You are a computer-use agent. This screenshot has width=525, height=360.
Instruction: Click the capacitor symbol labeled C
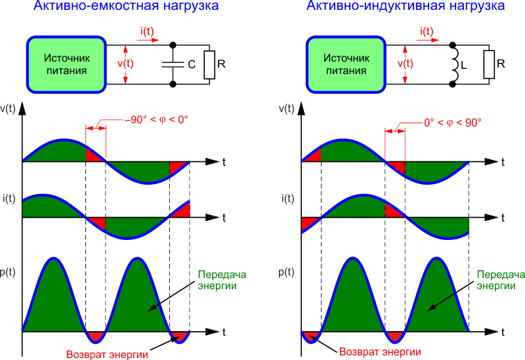173,64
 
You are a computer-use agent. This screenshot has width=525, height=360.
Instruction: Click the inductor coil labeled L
455,64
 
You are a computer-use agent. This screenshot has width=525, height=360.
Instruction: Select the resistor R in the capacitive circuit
209,65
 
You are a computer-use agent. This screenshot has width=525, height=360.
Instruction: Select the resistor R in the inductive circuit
489,64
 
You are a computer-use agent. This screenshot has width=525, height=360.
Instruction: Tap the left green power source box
67,64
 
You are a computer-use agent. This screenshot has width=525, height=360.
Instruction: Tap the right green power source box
346,64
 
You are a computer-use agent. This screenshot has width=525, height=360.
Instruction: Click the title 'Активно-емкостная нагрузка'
126,6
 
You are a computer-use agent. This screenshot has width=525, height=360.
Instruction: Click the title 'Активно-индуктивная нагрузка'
406,6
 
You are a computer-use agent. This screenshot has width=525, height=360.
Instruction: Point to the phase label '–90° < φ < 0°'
156,120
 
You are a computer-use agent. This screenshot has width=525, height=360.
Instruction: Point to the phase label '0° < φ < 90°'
453,123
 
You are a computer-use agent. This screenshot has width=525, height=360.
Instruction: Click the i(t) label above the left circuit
147,31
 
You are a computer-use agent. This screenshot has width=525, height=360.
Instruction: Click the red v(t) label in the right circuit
405,64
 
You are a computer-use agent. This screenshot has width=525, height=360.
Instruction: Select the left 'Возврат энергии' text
107,354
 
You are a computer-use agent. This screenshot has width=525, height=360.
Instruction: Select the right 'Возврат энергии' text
380,351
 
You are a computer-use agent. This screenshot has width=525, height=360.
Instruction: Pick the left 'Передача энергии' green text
222,280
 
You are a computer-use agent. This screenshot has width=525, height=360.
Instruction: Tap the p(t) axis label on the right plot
286,272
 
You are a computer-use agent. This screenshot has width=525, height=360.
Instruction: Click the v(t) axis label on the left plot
7,109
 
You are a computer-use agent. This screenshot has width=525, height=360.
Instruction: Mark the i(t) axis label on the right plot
287,199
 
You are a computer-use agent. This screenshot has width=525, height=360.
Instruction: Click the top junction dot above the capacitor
173,45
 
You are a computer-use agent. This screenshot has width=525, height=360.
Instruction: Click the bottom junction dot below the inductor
452,84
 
